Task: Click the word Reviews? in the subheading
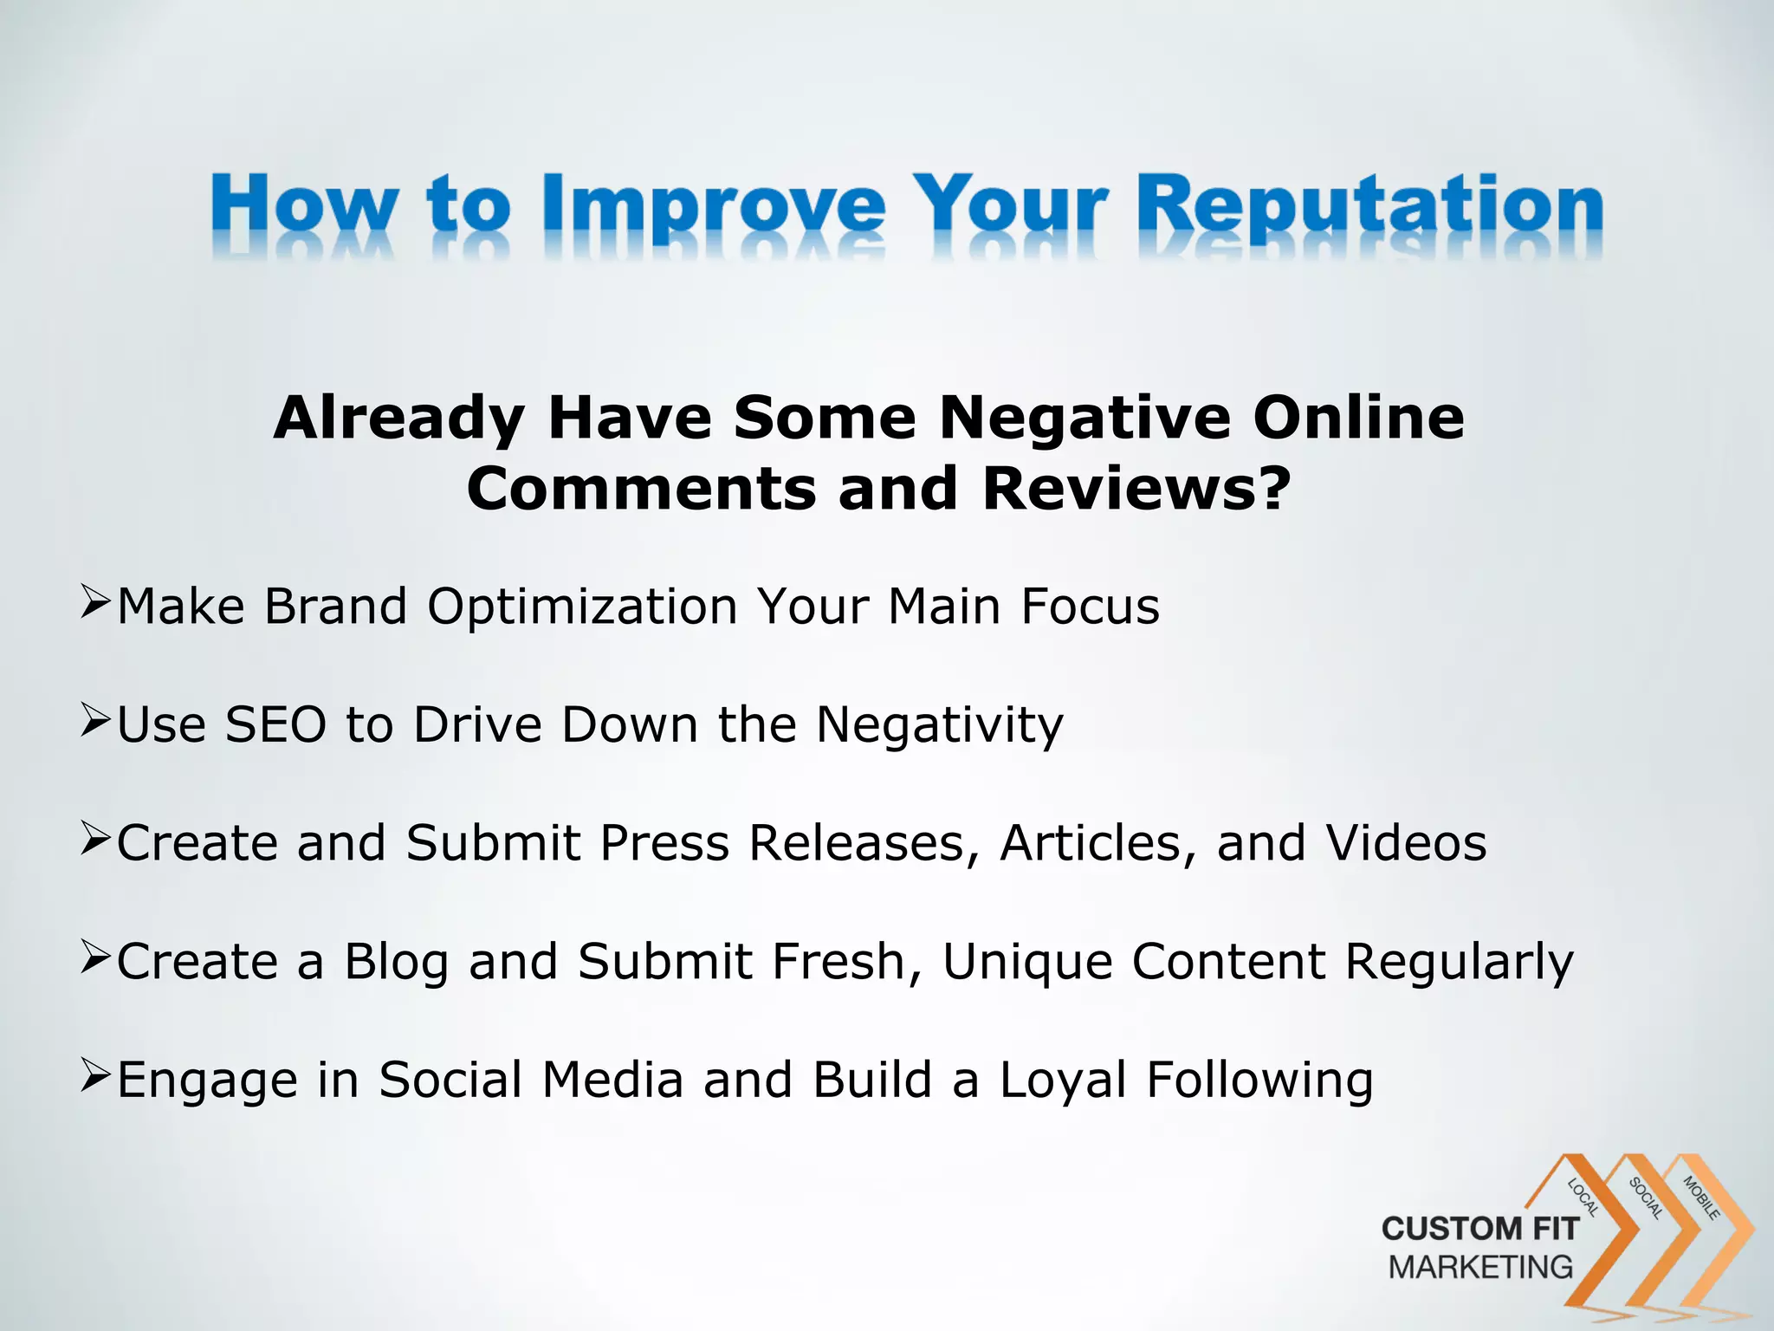[1137, 489]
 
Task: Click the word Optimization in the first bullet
[582, 606]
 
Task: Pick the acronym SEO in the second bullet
[275, 724]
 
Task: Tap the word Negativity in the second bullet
[939, 724]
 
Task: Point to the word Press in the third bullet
[664, 842]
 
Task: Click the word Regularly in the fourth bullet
[1459, 962]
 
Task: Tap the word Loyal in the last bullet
[1063, 1081]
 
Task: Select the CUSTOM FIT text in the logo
[1479, 1229]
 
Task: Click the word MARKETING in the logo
[1480, 1267]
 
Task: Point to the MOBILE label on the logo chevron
[1700, 1198]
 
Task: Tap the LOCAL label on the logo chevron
[1583, 1198]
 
